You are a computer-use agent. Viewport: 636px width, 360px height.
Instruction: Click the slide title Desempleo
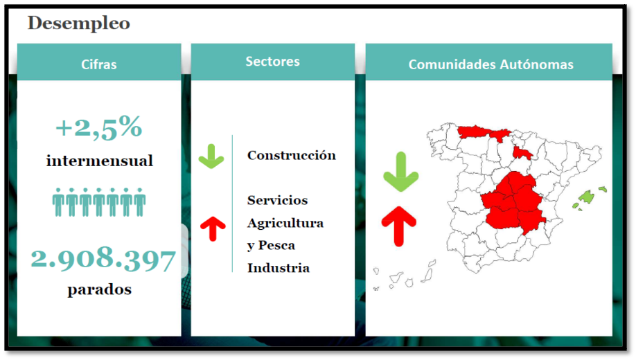point(79,23)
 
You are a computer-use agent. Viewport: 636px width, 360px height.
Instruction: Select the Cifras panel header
point(99,64)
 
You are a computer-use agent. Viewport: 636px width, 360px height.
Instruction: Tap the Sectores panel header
point(272,61)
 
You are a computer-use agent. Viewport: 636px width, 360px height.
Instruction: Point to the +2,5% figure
point(99,127)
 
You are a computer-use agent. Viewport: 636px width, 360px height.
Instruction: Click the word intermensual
point(99,161)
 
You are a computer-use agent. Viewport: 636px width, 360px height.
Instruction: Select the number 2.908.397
point(103,259)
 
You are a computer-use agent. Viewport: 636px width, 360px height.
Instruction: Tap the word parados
point(99,289)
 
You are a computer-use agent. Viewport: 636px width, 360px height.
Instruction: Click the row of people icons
point(99,202)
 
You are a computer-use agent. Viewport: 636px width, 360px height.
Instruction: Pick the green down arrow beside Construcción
point(211,156)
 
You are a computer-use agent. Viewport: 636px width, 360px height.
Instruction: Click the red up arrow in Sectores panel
point(213,228)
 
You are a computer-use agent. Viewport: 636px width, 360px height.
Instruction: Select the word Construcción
point(292,155)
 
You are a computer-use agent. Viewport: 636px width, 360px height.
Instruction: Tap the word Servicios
point(277,200)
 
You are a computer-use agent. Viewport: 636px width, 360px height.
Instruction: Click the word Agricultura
point(285,223)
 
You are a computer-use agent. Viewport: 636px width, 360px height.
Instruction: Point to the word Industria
point(279,268)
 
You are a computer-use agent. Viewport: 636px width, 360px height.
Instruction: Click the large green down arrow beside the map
point(400,172)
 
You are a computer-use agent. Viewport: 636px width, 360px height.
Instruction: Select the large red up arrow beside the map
point(399,226)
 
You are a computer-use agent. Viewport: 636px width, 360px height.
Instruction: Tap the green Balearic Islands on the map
point(587,197)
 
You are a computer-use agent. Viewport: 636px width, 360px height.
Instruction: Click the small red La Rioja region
point(522,153)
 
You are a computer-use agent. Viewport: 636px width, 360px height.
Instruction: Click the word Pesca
point(276,245)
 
